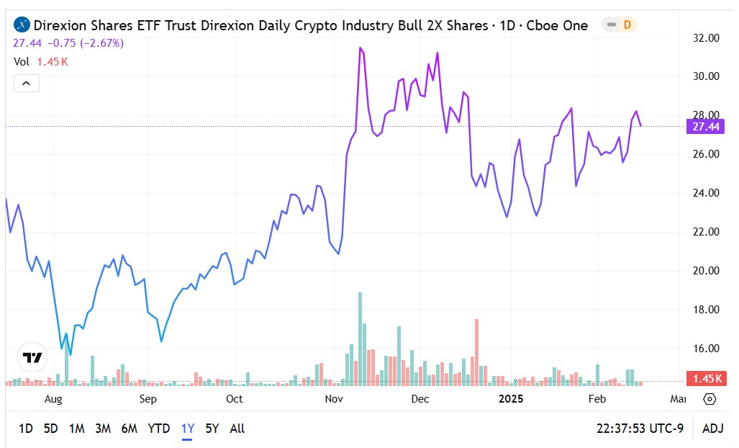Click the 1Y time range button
pos(188,429)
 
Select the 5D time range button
pos(50,429)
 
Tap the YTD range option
pos(158,429)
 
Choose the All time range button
pos(237,429)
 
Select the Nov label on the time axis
pos(333,399)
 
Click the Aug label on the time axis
pos(53,399)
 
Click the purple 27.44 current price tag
pos(707,127)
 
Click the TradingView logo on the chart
pos(32,357)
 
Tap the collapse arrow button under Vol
pos(27,84)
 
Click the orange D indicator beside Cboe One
pos(627,25)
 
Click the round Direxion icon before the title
pos(22,25)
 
